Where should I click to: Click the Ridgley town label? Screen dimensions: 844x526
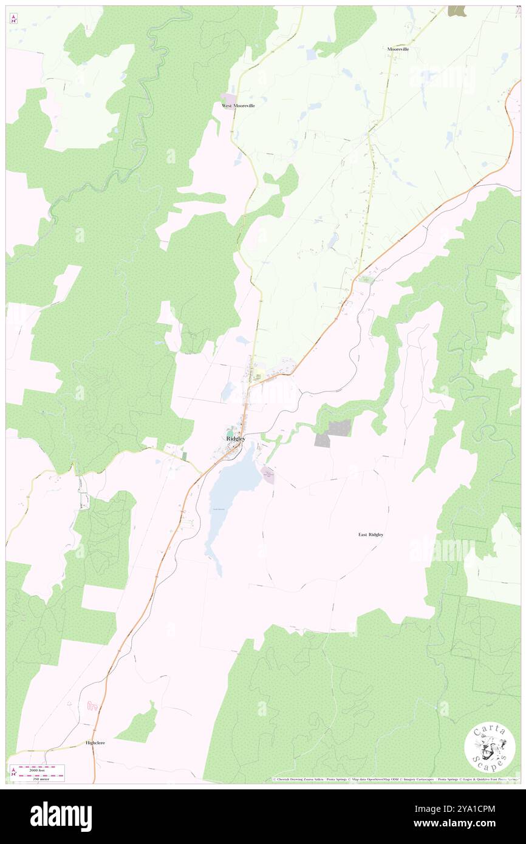coord(236,438)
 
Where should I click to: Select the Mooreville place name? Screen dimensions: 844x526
coord(398,49)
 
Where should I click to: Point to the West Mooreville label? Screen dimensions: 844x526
coord(238,106)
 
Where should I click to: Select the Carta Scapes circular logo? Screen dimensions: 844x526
coord(490,749)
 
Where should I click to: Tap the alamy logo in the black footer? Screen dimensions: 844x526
coord(61,816)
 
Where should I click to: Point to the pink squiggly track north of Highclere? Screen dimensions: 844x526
coord(92,706)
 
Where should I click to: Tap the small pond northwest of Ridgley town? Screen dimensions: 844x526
coord(228,392)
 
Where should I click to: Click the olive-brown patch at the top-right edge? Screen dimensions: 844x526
coord(457,10)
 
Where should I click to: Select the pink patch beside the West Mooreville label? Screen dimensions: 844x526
coord(228,98)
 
